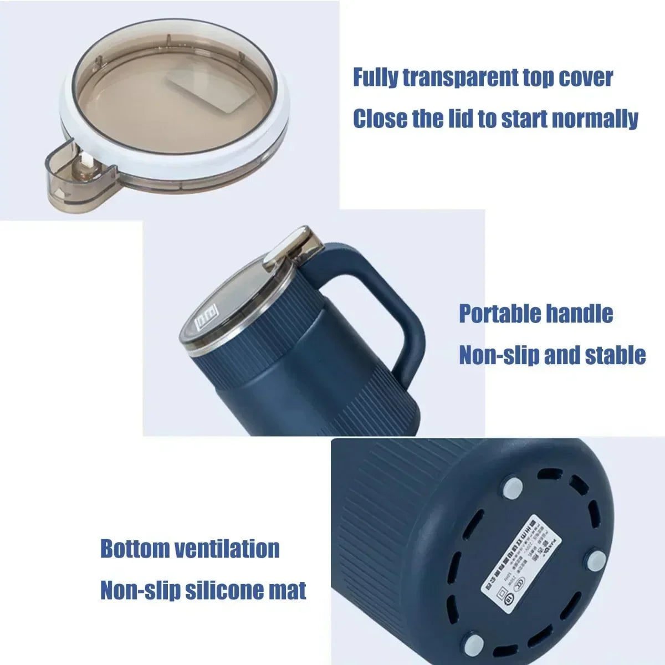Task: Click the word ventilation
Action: pos(227,549)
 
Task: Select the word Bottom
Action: pos(135,549)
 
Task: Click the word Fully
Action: pos(375,78)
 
